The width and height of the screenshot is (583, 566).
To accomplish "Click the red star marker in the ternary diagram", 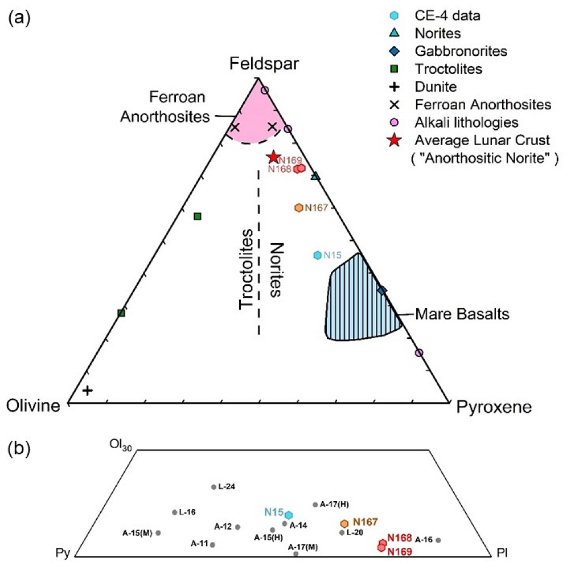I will click(x=274, y=157).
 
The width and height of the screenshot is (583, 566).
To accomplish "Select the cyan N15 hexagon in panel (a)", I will click(x=318, y=255).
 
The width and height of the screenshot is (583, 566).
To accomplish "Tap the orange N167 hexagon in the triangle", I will click(x=299, y=208).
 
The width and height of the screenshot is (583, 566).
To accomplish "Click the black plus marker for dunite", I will click(x=87, y=391).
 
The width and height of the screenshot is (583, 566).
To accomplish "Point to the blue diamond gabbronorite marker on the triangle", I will click(x=382, y=290).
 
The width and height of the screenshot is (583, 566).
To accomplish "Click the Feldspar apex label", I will click(x=264, y=64).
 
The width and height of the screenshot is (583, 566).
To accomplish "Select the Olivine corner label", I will click(x=33, y=406).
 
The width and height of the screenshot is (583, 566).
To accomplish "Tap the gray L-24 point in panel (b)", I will click(x=214, y=487).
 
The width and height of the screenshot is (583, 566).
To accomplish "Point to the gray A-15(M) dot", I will click(x=158, y=533).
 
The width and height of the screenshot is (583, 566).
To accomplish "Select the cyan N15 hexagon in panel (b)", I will click(x=289, y=515).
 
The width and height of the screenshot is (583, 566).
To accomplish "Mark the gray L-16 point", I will click(x=175, y=512).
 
